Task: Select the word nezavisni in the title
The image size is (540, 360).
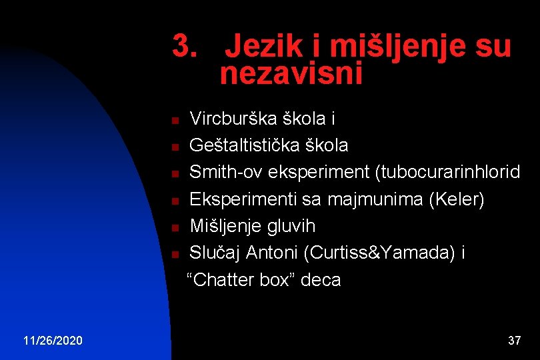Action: [x=291, y=74]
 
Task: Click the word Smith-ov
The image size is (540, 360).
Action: [x=226, y=172]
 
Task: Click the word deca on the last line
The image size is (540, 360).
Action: [x=321, y=280]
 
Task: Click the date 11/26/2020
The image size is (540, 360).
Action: [x=53, y=341]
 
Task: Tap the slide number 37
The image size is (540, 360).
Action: [x=514, y=341]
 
